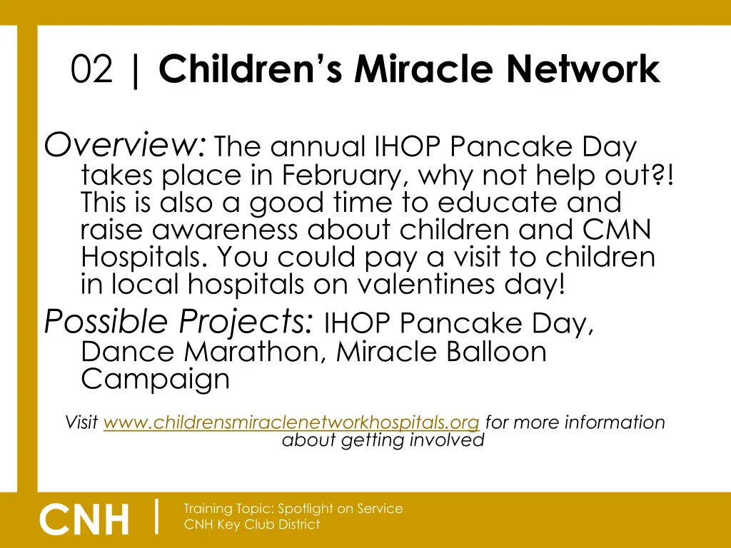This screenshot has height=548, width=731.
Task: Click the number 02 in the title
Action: point(92,70)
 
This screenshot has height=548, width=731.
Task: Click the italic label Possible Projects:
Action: point(178,323)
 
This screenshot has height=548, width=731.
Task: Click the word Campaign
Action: point(156,379)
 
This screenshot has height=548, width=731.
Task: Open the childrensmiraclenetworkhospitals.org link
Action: point(291,422)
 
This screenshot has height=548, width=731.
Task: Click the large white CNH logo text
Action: point(85,519)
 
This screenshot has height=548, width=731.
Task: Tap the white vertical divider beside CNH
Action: point(156,516)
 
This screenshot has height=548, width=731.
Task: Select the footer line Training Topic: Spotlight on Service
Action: point(293,509)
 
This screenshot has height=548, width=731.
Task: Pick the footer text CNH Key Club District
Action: point(252,524)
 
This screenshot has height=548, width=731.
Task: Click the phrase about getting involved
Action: point(383,440)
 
